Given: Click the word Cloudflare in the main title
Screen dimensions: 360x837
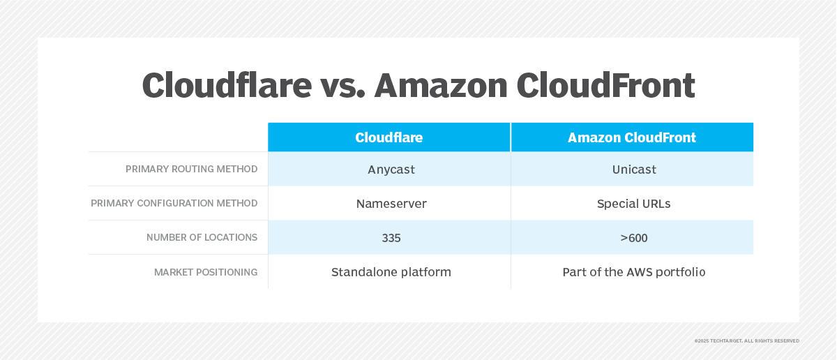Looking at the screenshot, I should tap(227, 86).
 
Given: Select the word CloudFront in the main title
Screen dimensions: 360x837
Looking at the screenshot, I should tap(605, 86).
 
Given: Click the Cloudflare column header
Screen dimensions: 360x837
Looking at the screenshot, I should tap(389, 137).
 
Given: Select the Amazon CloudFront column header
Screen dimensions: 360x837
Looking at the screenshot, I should tap(631, 137).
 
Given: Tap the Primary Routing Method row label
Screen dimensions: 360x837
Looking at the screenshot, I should tap(191, 169).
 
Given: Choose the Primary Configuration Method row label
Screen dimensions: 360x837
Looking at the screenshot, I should tap(174, 203).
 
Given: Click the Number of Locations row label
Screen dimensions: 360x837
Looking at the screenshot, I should tap(202, 237).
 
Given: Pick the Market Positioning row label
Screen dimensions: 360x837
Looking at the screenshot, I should tap(206, 272).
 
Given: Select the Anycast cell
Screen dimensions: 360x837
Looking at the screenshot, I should tap(391, 170).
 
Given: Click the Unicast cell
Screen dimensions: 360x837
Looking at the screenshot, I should tap(633, 170).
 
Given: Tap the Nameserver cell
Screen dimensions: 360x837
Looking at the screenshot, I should tap(391, 204).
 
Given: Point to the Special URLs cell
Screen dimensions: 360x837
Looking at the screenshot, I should tap(633, 204).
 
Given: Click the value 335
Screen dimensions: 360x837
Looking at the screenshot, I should tap(391, 238).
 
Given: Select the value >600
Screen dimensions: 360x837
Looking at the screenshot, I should tap(633, 238).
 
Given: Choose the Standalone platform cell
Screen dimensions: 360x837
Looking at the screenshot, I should tap(391, 272).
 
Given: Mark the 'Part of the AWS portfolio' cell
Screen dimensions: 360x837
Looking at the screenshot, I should tap(633, 272).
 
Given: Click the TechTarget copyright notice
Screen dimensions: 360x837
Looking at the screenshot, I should tap(746, 340).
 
